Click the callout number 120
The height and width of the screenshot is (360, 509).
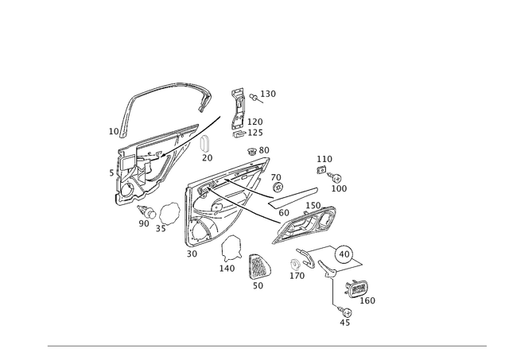pos(270,95)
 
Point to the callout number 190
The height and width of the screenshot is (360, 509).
pos(192,254)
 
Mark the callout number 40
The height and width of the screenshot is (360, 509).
pos(298,276)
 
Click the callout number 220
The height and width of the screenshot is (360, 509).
pos(145,224)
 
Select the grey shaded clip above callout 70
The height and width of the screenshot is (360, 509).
pos(204,143)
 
